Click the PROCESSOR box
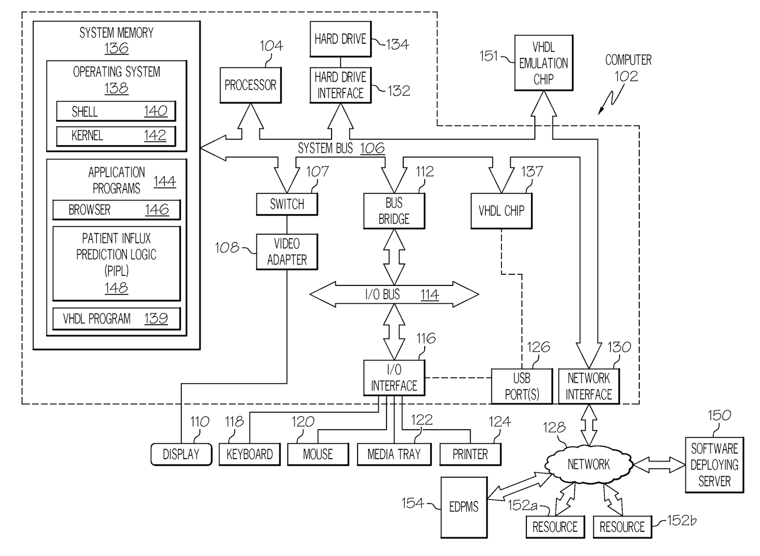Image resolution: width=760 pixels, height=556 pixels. [x=250, y=85]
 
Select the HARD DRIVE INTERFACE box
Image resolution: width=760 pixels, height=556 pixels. [x=341, y=85]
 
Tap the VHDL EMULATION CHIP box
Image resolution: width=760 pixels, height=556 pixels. [x=543, y=63]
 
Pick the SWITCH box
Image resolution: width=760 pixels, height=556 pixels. [x=287, y=204]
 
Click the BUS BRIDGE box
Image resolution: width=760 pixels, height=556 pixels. [x=394, y=211]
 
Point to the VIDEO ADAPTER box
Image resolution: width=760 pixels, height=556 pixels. [x=287, y=252]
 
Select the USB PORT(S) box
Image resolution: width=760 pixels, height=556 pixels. [x=522, y=386]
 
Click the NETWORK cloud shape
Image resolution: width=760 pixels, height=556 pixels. [x=589, y=464]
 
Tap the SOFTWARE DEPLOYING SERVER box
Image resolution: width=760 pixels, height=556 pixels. [x=714, y=465]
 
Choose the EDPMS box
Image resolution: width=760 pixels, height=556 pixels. [x=464, y=507]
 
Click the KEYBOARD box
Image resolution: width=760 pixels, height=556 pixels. [x=249, y=454]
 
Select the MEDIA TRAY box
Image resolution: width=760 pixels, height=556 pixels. [x=394, y=454]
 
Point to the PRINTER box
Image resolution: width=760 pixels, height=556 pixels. [x=470, y=454]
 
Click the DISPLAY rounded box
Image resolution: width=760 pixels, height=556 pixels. [x=181, y=454]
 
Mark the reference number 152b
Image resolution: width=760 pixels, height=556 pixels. [x=682, y=521]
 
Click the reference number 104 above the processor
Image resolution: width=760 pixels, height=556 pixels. [x=271, y=46]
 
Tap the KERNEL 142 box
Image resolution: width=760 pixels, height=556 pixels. [x=116, y=136]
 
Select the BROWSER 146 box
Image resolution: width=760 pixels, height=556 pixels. [x=116, y=210]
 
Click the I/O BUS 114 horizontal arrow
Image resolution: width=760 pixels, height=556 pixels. [x=394, y=295]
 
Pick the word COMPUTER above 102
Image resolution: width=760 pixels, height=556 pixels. [x=628, y=60]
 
